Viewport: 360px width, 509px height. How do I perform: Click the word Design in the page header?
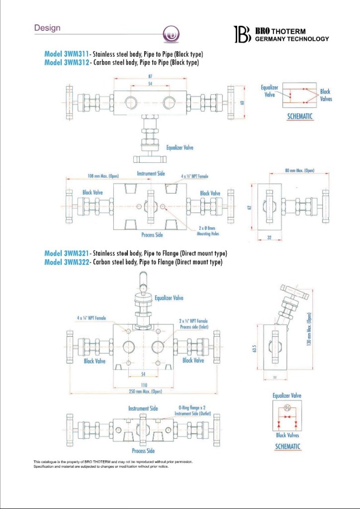click(47, 28)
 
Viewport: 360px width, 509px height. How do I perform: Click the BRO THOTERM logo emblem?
click(243, 34)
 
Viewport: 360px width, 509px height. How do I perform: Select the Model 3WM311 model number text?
click(66, 54)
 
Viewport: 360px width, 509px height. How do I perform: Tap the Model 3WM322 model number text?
click(67, 262)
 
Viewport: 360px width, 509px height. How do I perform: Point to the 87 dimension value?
click(150, 76)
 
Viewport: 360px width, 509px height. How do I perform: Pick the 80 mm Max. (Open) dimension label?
click(300, 170)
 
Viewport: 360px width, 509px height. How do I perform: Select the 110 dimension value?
click(144, 385)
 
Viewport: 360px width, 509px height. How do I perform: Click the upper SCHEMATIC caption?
click(300, 116)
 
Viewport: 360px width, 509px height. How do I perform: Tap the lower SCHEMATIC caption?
click(287, 446)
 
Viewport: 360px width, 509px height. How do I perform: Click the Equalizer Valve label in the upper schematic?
click(270, 91)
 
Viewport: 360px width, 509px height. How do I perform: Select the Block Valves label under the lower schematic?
click(287, 435)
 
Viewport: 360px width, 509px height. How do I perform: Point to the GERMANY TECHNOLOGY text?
click(292, 39)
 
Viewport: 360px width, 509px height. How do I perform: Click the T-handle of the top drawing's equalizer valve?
click(148, 159)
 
